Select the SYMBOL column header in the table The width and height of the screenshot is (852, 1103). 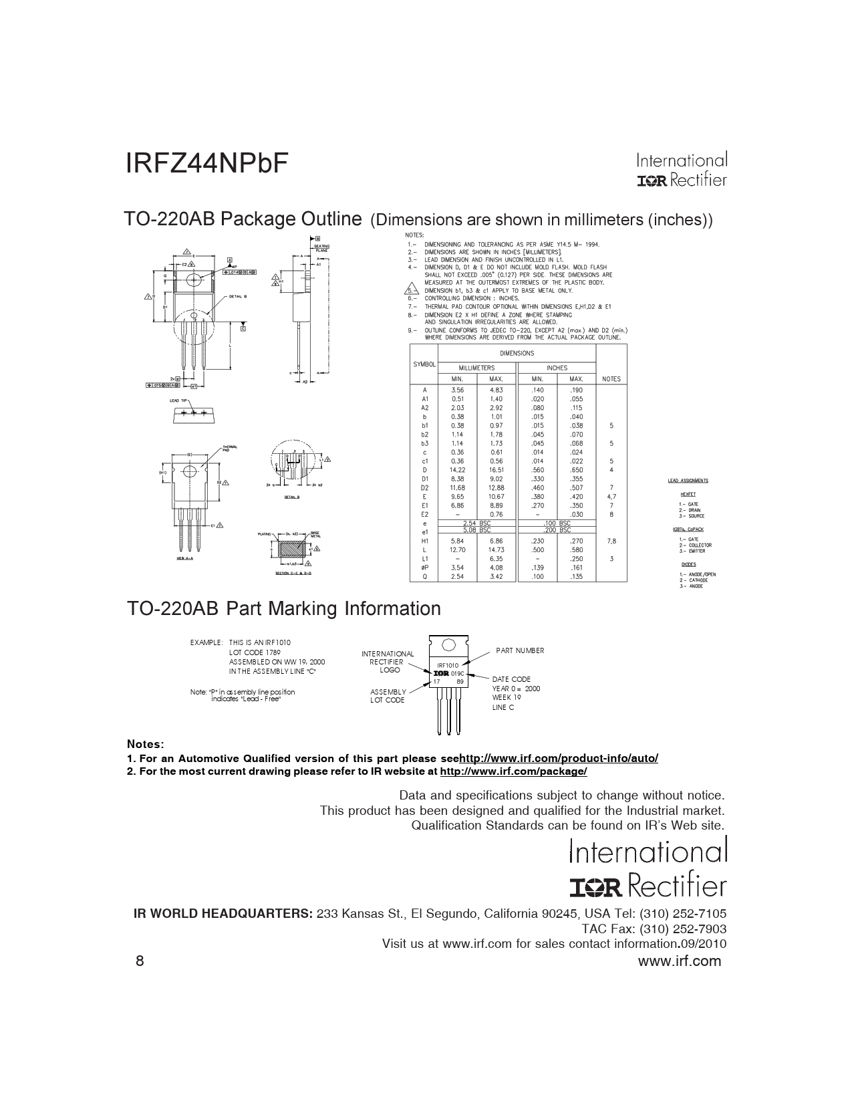click(424, 364)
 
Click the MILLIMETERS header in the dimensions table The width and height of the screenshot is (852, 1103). click(476, 368)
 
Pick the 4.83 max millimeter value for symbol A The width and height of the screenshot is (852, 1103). click(496, 390)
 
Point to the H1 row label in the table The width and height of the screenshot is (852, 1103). click(424, 541)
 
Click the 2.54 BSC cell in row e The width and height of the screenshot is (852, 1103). click(476, 523)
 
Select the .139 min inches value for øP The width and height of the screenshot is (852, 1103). click(537, 568)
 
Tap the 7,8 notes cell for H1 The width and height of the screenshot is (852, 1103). click(611, 541)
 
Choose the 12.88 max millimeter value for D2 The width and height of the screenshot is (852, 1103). click(496, 488)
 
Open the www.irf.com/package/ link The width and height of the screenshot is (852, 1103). click(514, 771)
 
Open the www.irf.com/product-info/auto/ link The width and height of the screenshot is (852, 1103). click(559, 758)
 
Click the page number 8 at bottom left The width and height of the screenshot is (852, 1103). click(140, 961)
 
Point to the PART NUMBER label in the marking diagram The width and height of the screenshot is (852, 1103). click(520, 650)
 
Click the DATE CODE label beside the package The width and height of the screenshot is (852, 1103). click(511, 679)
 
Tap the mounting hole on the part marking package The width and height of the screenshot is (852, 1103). click(448, 645)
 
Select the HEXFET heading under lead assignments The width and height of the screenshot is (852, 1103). click(688, 494)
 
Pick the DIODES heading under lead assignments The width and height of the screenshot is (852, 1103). click(688, 564)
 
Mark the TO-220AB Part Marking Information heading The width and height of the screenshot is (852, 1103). click(284, 609)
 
